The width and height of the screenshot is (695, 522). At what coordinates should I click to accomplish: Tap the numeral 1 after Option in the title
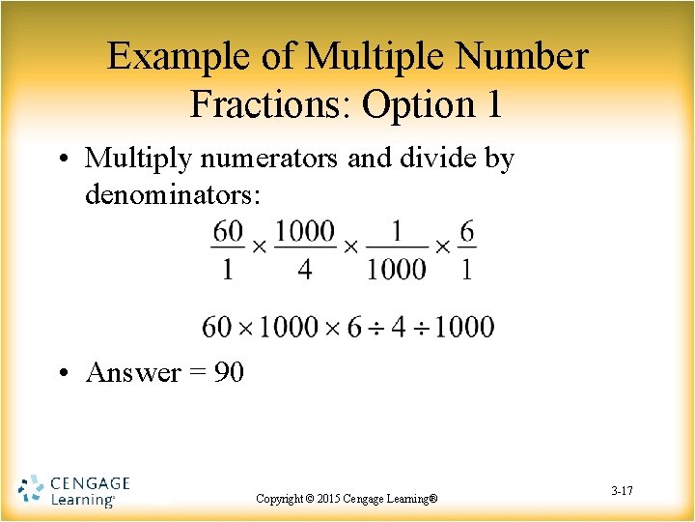[492, 104]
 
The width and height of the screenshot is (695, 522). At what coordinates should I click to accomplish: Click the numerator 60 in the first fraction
[228, 232]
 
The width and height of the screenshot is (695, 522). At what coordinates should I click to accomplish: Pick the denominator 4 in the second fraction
[305, 268]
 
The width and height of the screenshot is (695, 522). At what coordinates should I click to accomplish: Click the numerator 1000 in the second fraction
[305, 232]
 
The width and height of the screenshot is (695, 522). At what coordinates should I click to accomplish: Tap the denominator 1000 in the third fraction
[396, 268]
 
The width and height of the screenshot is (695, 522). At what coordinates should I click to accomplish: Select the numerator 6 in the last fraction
[467, 232]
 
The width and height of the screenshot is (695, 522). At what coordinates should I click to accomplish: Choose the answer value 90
[228, 372]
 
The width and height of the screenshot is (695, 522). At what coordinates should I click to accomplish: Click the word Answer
[133, 372]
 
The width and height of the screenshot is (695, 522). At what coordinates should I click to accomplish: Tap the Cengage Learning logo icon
[31, 490]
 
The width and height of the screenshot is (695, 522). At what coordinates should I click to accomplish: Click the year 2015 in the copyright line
[320, 499]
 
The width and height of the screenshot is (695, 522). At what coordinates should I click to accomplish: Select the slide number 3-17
[622, 492]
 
